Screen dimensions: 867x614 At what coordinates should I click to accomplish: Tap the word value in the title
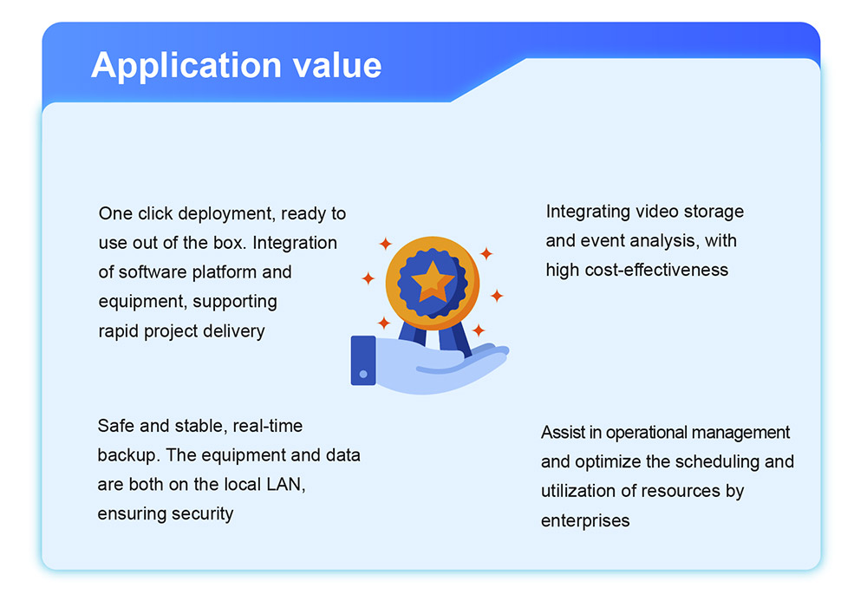(337, 65)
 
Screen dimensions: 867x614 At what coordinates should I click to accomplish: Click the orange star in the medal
(433, 281)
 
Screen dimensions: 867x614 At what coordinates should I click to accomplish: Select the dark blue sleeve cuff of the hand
(363, 360)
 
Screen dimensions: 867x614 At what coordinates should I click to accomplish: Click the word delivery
(234, 330)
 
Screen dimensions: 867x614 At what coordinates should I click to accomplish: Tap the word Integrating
(589, 212)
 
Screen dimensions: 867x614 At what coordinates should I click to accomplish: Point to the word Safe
(116, 426)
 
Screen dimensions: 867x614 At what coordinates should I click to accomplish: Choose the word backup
(129, 455)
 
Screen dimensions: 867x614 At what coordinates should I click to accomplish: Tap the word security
(202, 514)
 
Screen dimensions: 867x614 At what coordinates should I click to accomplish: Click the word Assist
(564, 433)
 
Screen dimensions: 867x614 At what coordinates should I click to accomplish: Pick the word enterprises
(585, 521)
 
